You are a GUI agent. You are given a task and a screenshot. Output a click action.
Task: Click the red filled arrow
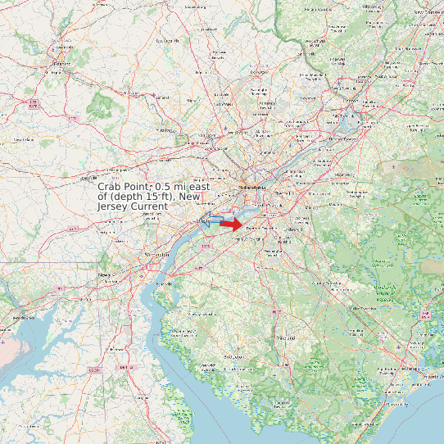tap(231, 224)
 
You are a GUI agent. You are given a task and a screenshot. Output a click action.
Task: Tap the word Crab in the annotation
tap(110, 187)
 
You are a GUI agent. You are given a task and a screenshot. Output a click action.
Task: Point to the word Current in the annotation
tap(150, 206)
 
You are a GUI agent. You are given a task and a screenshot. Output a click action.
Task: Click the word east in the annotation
tap(197, 187)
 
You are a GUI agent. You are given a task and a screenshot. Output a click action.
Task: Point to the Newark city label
tap(104, 275)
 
